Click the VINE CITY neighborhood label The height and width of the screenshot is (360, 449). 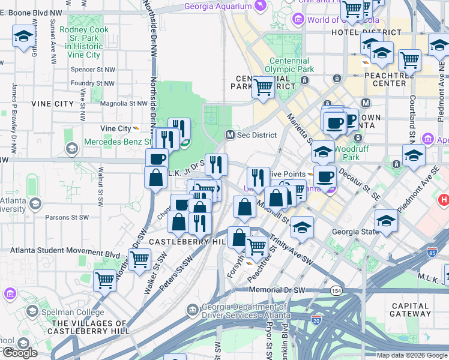[55, 104]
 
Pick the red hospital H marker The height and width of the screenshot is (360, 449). [444, 200]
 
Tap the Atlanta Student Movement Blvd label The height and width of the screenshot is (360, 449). [65, 254]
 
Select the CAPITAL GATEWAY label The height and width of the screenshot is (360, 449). [410, 310]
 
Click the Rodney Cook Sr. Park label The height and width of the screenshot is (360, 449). [84, 37]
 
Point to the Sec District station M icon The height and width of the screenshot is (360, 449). [229, 135]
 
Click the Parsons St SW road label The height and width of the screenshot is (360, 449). [67, 217]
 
